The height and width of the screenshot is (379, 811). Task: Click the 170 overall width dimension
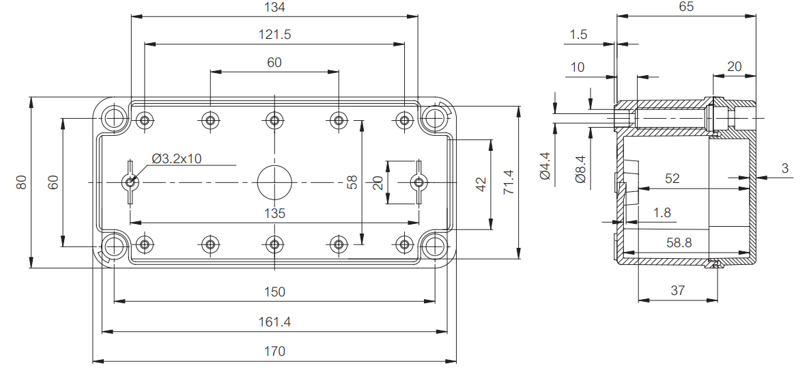click(x=274, y=352)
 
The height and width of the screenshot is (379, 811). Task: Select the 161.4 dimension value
click(x=274, y=322)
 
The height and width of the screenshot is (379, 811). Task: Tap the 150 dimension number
click(x=274, y=292)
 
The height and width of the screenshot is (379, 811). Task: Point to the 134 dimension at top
click(x=274, y=7)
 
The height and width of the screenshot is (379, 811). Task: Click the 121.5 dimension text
click(x=274, y=35)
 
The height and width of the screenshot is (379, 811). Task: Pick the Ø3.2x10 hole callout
click(x=177, y=158)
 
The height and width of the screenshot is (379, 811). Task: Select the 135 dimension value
click(x=274, y=213)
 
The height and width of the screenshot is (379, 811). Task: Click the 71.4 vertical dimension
click(x=509, y=182)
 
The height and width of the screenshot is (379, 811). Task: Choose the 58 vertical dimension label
click(x=352, y=182)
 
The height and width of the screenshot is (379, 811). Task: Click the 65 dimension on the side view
click(x=686, y=7)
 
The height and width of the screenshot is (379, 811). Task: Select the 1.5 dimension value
click(x=578, y=35)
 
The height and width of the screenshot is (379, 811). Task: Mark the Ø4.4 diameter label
click(x=545, y=166)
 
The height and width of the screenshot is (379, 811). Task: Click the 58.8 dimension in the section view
click(x=679, y=242)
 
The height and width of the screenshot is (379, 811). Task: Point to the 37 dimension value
click(x=677, y=290)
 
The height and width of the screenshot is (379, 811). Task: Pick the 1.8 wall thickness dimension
click(x=662, y=213)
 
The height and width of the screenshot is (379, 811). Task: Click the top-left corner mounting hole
click(x=114, y=117)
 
